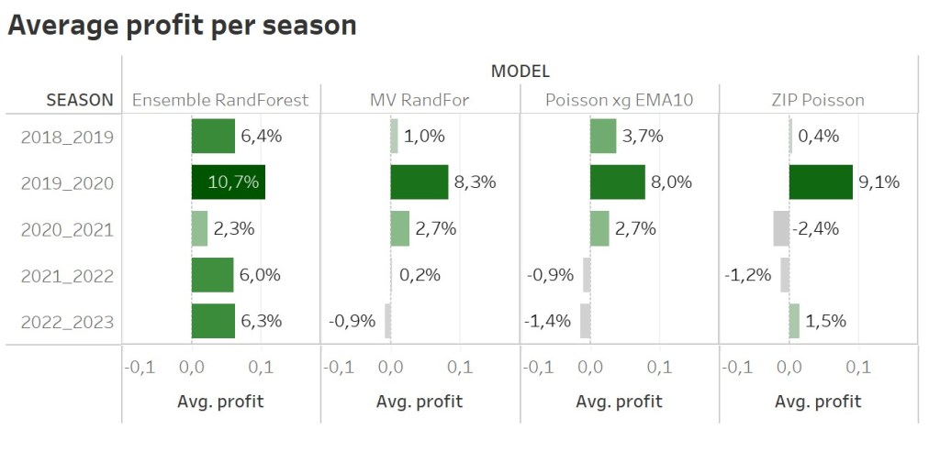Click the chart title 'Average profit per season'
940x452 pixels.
(182, 25)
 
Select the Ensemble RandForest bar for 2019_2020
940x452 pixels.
(228, 182)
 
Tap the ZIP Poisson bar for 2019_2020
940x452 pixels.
(821, 182)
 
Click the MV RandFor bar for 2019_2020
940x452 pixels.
(419, 182)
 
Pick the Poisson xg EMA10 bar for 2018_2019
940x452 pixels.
(603, 137)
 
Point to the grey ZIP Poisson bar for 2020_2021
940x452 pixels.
(781, 228)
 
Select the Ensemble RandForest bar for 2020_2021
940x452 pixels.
(199, 228)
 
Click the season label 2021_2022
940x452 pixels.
(68, 275)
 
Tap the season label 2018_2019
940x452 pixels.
(68, 138)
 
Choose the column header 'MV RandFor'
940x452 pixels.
(420, 99)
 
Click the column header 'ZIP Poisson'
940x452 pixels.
(818, 99)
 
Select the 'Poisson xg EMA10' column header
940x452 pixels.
(619, 99)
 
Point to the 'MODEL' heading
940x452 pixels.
(520, 72)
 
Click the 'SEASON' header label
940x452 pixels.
(80, 99)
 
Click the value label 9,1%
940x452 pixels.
(878, 182)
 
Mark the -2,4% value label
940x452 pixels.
(817, 228)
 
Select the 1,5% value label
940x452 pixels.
(824, 321)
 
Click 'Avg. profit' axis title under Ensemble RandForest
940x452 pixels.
(220, 402)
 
